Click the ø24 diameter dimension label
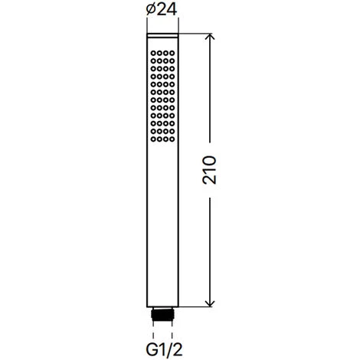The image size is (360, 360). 162,10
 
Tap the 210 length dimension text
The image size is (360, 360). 209,170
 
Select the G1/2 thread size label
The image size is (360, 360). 165,349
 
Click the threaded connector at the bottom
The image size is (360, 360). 162,314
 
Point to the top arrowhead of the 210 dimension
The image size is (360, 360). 209,37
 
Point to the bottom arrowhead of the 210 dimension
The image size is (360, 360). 209,303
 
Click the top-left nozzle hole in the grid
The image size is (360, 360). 153,53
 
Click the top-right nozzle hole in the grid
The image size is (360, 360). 172,53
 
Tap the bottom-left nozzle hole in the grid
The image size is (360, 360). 153,139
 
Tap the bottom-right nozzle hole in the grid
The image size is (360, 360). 172,139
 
